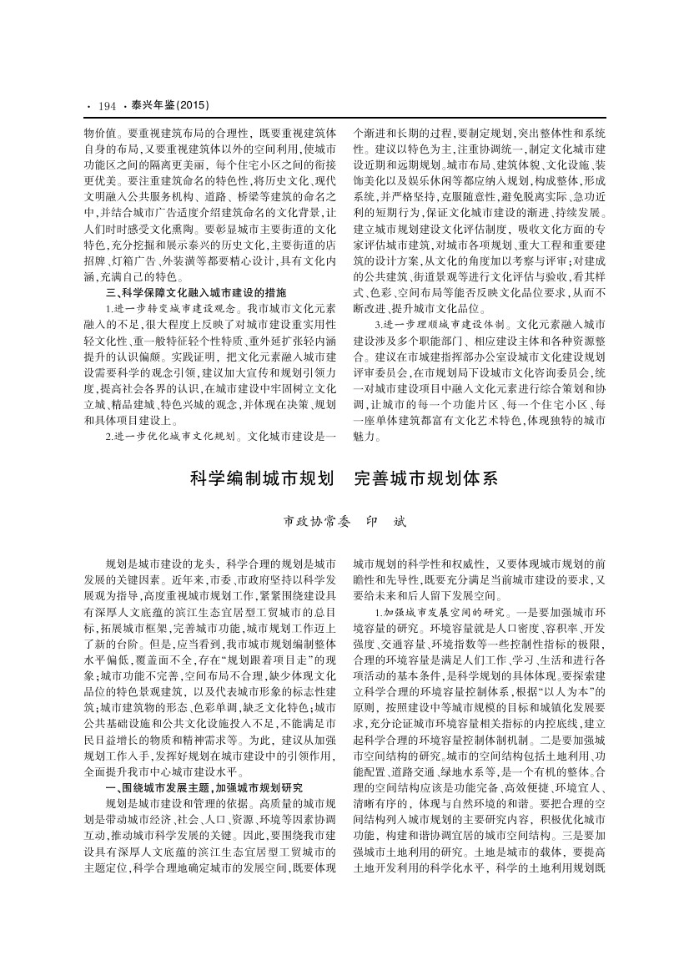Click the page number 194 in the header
pos(106,106)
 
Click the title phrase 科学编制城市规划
pos(258,479)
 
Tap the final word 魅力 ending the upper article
pos(365,436)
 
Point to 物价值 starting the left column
pos(98,133)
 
